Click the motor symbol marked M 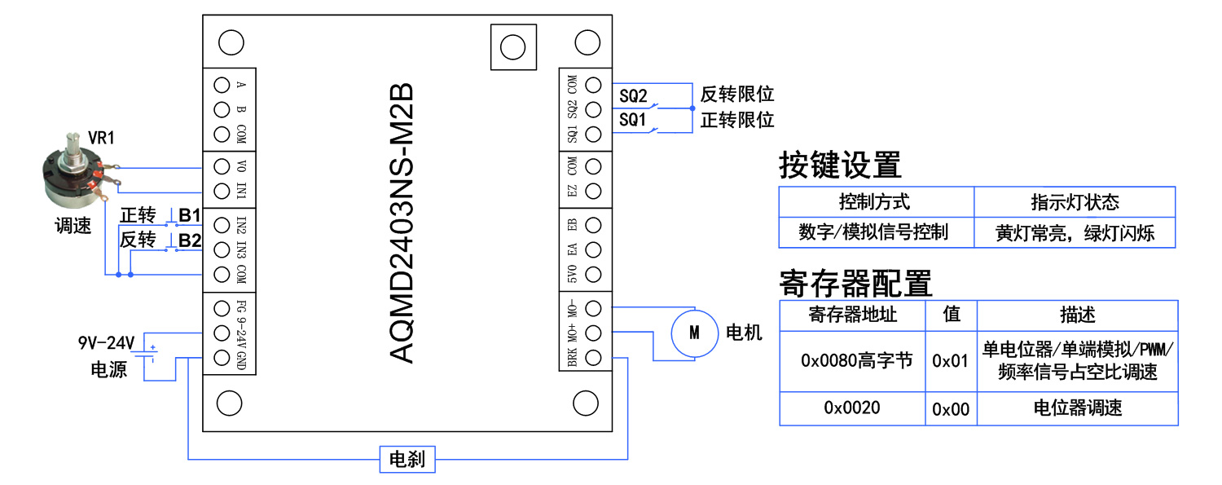point(694,333)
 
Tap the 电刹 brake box point(407,459)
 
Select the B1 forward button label point(190,216)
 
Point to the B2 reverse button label point(190,240)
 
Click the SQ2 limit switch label point(633,96)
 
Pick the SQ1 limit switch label point(633,120)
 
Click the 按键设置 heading point(840,165)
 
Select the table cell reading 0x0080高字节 point(852,360)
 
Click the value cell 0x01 point(951,360)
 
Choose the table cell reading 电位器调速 point(1077,408)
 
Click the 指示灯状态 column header point(1075,202)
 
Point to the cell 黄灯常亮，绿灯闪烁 point(1075,233)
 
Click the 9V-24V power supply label point(106,342)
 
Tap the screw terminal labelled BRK point(594,357)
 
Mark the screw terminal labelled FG point(221,308)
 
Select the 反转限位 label point(736,95)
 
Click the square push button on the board point(512,47)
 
